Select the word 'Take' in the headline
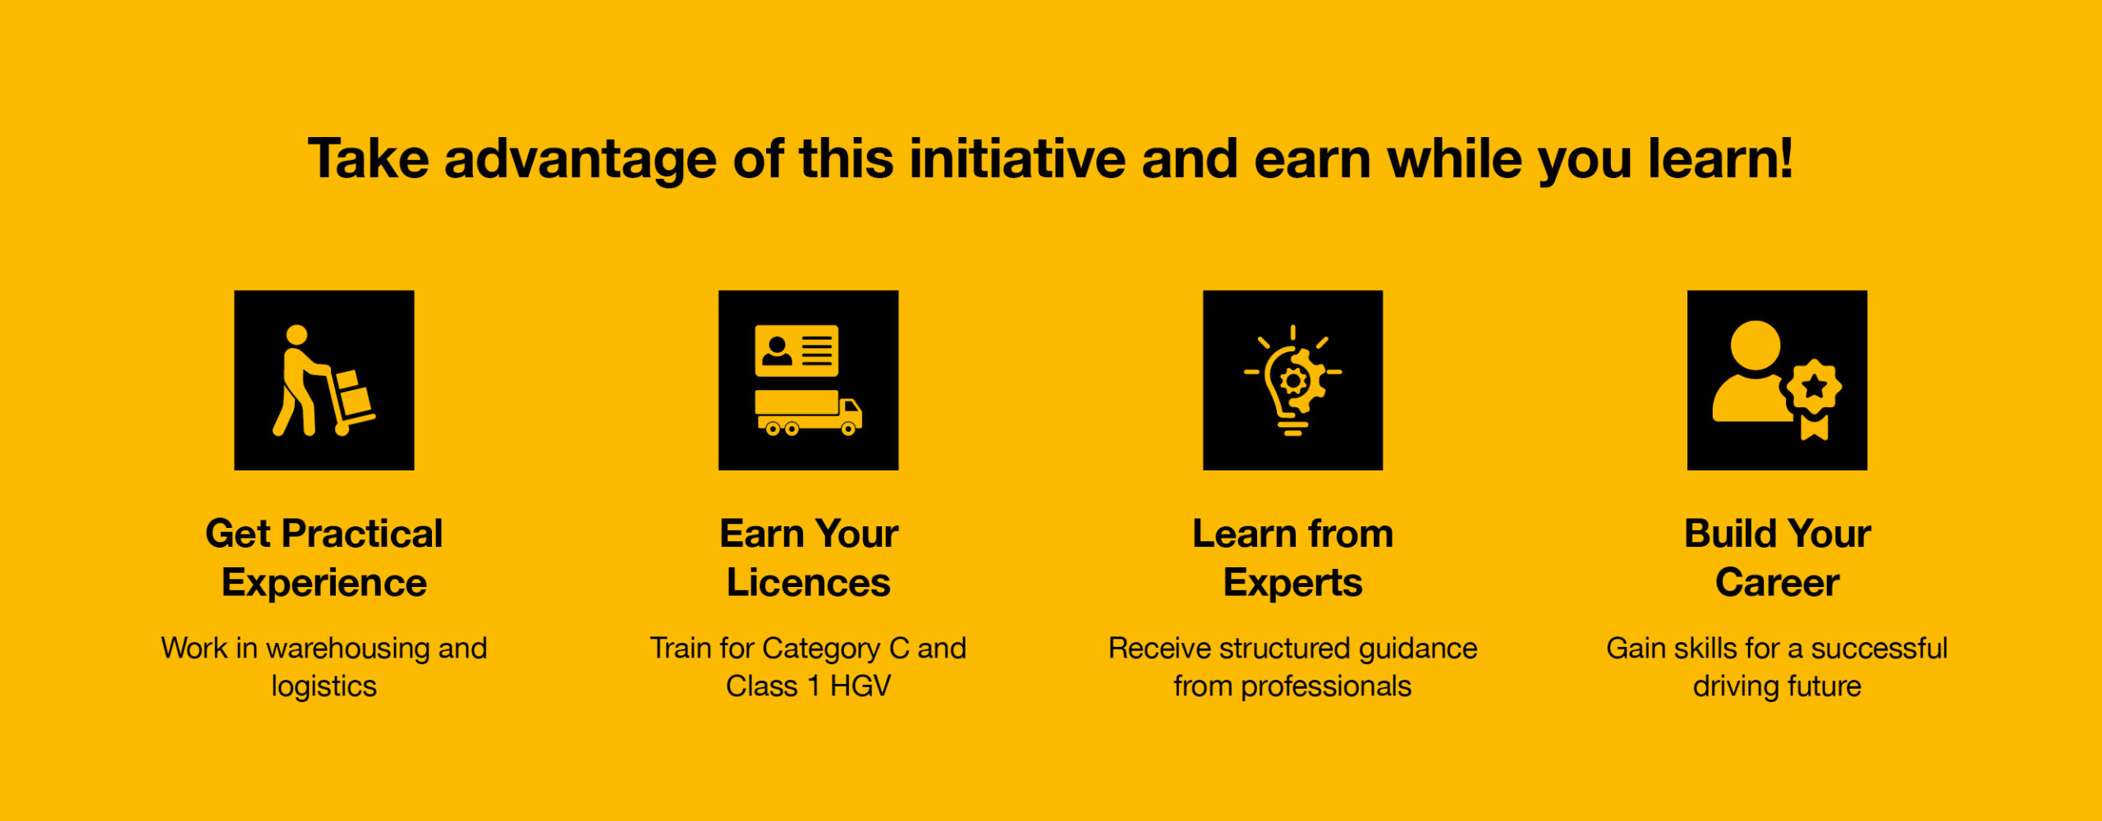pos(369,158)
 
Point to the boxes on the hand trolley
pos(352,393)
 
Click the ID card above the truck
pos(796,351)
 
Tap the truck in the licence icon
pos(809,413)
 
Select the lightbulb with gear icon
pos(1293,380)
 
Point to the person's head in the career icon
pos(1755,346)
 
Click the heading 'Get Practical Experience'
pos(324,558)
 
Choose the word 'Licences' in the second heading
pos(809,583)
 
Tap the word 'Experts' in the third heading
pos(1293,584)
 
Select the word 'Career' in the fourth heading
pos(1778,583)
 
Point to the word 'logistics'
pos(324,687)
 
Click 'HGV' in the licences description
pos(861,686)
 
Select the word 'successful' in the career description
pos(1879,649)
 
